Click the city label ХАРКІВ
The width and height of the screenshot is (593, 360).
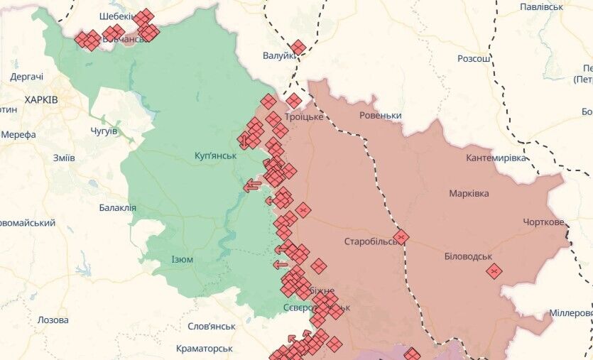click(41, 100)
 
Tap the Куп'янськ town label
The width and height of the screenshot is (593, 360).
click(215, 156)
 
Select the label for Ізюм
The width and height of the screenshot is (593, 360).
click(182, 259)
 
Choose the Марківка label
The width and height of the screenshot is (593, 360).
click(469, 193)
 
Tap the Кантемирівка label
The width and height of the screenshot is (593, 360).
click(496, 158)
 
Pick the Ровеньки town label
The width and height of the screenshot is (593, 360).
click(381, 116)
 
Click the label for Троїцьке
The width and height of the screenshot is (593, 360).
click(304, 117)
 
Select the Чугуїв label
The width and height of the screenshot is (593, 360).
click(104, 131)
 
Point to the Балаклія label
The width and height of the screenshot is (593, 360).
click(118, 208)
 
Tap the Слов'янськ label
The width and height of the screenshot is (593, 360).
click(211, 326)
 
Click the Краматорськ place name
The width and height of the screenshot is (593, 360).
click(201, 349)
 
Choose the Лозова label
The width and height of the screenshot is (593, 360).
click(53, 320)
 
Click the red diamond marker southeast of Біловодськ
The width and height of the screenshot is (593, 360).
click(494, 271)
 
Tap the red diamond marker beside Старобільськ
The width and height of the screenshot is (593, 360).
click(401, 237)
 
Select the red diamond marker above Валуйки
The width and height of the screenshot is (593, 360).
click(298, 48)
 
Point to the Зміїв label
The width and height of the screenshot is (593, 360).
click(64, 158)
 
